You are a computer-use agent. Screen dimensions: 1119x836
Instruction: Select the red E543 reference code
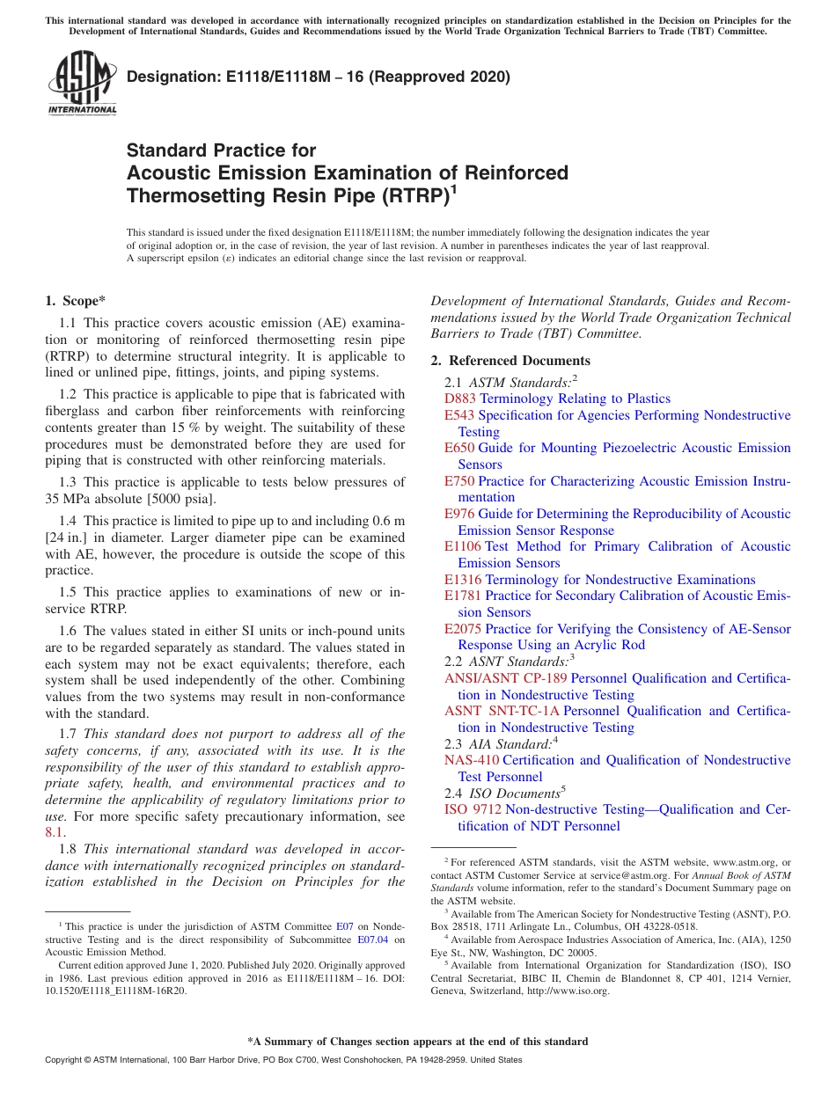[459, 415]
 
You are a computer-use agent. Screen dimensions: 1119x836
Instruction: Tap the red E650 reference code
[459, 448]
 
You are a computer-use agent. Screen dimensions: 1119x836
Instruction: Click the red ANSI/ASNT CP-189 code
[506, 678]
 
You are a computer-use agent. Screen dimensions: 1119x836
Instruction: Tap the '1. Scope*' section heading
[75, 301]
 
